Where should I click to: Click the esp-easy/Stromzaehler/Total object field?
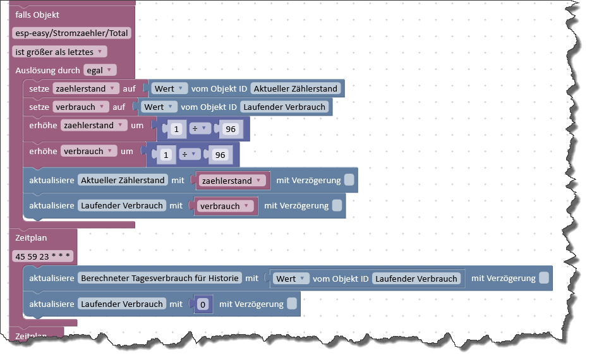click(71, 33)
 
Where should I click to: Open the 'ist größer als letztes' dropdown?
click(59, 52)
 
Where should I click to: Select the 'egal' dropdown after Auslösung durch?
click(100, 70)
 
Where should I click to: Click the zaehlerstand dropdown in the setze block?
click(86, 88)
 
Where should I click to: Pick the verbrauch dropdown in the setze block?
click(80, 107)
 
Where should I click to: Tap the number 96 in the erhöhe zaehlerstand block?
click(231, 129)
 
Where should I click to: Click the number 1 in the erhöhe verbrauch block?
click(166, 155)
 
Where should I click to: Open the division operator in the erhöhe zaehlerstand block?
click(200, 129)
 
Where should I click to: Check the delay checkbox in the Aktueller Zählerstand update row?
click(349, 180)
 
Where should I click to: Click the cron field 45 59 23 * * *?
click(43, 256)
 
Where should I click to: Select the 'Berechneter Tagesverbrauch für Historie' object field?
click(160, 278)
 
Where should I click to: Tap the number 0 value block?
click(203, 304)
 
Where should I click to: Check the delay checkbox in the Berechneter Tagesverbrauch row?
click(544, 278)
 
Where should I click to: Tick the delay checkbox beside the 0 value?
click(292, 303)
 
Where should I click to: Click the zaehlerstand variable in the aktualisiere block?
click(232, 181)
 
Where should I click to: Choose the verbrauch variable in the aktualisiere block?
click(225, 206)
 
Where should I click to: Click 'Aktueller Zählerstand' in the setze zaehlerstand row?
click(295, 88)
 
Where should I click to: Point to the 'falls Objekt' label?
click(37, 15)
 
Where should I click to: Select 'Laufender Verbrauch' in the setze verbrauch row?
click(284, 107)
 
